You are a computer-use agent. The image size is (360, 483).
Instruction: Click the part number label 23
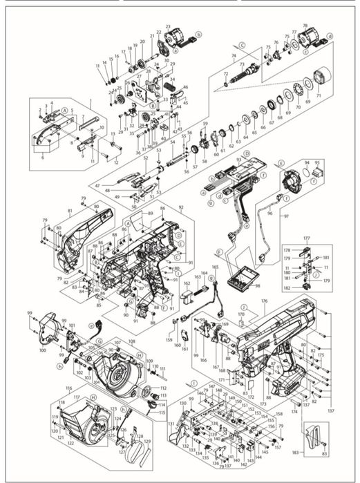pyautogui.click(x=168, y=26)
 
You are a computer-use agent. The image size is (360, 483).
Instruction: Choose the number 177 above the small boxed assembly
pyautogui.click(x=306, y=237)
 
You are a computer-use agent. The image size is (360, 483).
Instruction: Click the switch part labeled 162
pyautogui.click(x=187, y=298)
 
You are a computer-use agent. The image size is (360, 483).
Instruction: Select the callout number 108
pyautogui.click(x=131, y=342)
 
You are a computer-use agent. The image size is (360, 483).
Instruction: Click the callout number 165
pyautogui.click(x=215, y=267)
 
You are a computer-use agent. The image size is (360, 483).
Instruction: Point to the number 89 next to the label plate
pyautogui.click(x=147, y=215)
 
